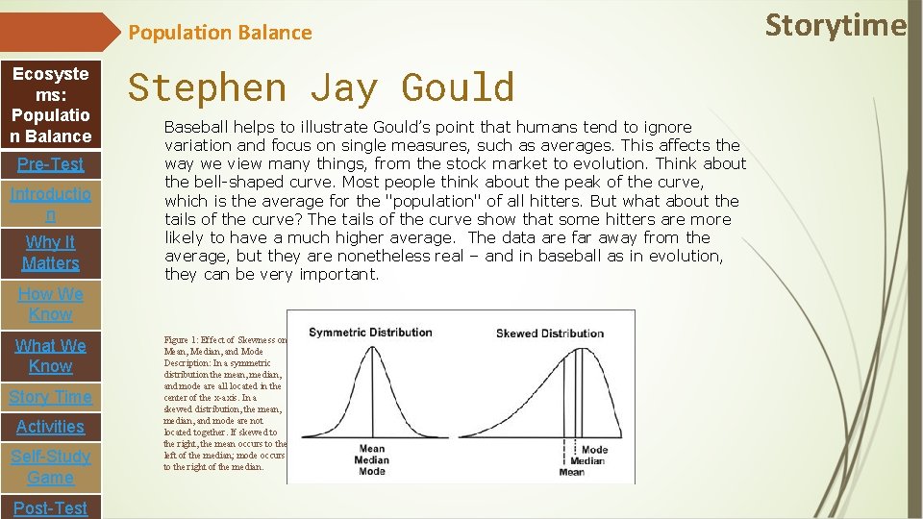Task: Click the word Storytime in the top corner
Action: (835, 25)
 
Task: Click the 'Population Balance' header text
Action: (220, 33)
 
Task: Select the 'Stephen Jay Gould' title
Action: (321, 87)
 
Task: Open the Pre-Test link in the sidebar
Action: (50, 164)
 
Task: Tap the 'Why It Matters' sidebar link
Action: (50, 253)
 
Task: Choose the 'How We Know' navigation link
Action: (50, 304)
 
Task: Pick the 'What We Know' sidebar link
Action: (50, 356)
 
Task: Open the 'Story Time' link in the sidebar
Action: (50, 397)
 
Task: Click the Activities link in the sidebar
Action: (50, 427)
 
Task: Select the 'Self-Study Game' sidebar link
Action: (50, 467)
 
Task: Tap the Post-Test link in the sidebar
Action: (50, 507)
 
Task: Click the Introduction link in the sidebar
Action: (50, 205)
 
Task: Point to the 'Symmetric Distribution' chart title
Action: (371, 333)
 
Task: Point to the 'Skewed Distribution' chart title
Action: (549, 334)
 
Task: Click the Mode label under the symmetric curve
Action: (371, 471)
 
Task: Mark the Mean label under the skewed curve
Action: (571, 472)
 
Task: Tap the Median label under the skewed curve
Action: (587, 460)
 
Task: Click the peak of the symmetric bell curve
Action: (371, 347)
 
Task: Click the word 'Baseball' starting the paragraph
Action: (197, 127)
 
